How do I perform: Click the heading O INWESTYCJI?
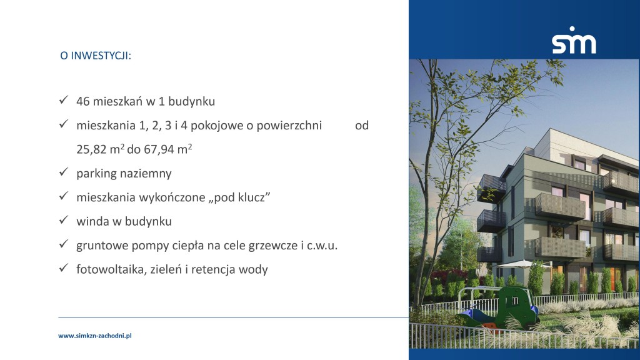(96, 56)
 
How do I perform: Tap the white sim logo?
(574, 40)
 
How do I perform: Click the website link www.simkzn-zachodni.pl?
(95, 336)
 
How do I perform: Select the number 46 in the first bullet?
(83, 101)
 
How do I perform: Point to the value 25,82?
(91, 149)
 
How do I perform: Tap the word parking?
(96, 174)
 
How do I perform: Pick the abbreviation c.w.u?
(322, 246)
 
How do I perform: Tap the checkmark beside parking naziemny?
(63, 172)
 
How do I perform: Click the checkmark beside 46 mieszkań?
(63, 99)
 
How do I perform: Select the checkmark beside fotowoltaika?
(63, 267)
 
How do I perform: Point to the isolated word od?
(362, 125)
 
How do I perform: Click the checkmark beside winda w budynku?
(63, 219)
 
